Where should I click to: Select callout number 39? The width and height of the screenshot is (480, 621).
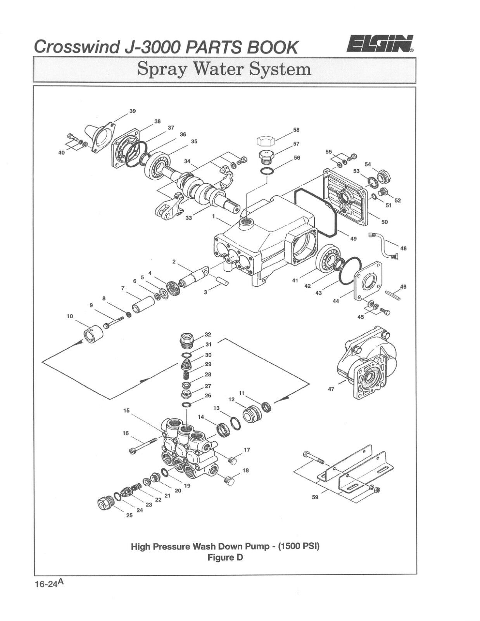pyautogui.click(x=133, y=111)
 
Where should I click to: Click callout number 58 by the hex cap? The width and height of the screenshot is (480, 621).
pyautogui.click(x=296, y=130)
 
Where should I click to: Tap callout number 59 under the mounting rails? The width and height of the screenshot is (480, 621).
pyautogui.click(x=315, y=497)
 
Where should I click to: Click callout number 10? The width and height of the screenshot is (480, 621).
pyautogui.click(x=70, y=316)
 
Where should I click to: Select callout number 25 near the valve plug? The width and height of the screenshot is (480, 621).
pyautogui.click(x=129, y=515)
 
